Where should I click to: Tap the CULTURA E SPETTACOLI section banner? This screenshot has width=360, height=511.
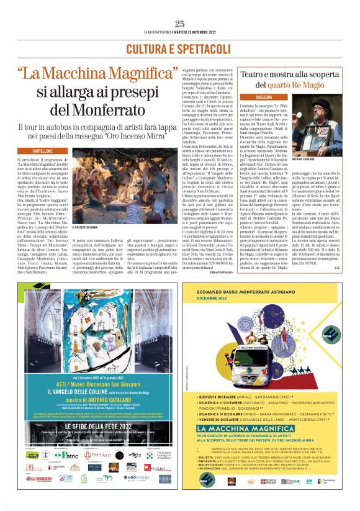point(180,48)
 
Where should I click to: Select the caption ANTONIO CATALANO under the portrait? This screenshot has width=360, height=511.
point(316,158)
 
